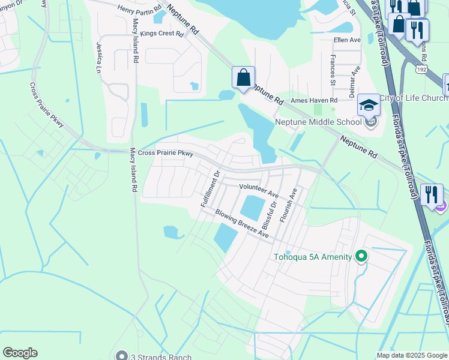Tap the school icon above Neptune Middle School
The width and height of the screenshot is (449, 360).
[x=368, y=106]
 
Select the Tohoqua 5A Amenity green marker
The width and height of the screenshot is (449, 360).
[x=361, y=257]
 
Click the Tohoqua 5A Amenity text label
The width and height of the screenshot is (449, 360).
[x=313, y=257]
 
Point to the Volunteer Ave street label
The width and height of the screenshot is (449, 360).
[x=259, y=191]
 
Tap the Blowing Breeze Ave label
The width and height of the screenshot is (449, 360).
[x=242, y=224]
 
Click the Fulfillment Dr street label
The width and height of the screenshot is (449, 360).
[x=211, y=188]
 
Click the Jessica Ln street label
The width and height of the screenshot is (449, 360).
[x=98, y=57]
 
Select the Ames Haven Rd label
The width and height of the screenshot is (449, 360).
[x=314, y=100]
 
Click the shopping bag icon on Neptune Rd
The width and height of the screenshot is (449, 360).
[x=243, y=78]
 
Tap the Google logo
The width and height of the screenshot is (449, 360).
[x=20, y=353]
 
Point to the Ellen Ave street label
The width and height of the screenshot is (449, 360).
[x=347, y=40]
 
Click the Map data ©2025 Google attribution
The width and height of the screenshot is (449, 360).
[x=412, y=355]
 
